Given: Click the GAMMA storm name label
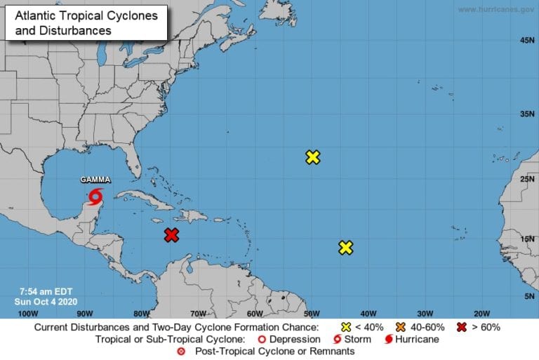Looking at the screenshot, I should pyautogui.click(x=95, y=180).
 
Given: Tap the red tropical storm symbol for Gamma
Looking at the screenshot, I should pyautogui.click(x=95, y=196).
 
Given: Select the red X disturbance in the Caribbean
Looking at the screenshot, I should pyautogui.click(x=171, y=235).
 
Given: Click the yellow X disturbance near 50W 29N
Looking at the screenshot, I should pyautogui.click(x=313, y=157).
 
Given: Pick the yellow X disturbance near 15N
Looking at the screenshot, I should pyautogui.click(x=345, y=247).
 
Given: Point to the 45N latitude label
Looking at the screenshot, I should pyautogui.click(x=527, y=41).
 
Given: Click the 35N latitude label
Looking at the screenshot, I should pyautogui.click(x=527, y=113).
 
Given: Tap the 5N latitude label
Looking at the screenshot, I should pyautogui.click(x=528, y=296).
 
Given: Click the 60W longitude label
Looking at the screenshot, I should pyautogui.click(x=254, y=313).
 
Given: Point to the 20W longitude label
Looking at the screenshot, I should pyautogui.click(x=481, y=313).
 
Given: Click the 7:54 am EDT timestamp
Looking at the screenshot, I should pyautogui.click(x=46, y=291).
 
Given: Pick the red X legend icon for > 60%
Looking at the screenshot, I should pyautogui.click(x=462, y=327).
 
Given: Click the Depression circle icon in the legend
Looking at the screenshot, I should pyautogui.click(x=262, y=340).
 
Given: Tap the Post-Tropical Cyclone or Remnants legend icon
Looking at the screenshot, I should pyautogui.click(x=181, y=351).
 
